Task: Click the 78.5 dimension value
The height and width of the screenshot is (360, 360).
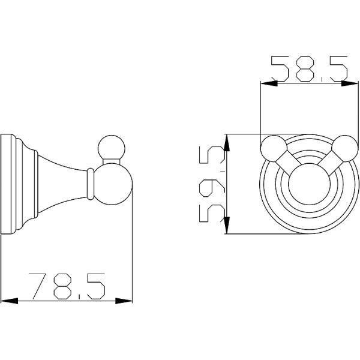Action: click(67, 286)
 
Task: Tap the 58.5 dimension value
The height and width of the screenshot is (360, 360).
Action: click(309, 68)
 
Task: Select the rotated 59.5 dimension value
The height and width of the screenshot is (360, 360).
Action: click(211, 184)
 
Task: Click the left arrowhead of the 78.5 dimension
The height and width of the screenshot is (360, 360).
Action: click(9, 301)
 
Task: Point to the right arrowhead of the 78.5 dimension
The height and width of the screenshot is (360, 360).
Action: click(124, 301)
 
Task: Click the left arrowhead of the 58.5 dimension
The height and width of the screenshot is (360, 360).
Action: click(269, 83)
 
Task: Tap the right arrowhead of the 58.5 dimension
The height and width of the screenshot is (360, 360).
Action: click(350, 83)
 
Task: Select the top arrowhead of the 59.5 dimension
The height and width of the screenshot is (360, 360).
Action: click(227, 143)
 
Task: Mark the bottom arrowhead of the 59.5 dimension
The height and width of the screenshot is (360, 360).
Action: click(227, 225)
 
